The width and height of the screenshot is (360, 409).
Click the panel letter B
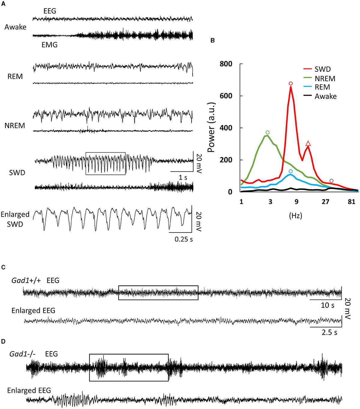point(212,41)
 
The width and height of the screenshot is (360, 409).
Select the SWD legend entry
point(322,69)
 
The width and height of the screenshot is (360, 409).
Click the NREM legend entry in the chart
point(325,79)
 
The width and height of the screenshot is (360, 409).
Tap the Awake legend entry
point(325,96)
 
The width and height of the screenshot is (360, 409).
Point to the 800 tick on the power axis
point(226,64)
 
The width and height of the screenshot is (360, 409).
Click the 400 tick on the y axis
point(226,128)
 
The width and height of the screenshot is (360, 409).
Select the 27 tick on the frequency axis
point(325,202)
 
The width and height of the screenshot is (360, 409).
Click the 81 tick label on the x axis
point(352,202)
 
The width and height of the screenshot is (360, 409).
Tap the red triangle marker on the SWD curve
point(308,144)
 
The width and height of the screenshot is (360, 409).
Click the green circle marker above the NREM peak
point(268,132)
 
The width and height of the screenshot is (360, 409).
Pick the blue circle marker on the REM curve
point(290,171)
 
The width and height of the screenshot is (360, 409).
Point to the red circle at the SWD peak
point(290,83)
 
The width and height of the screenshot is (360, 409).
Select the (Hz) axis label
point(295,216)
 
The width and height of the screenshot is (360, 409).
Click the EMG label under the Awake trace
point(49,45)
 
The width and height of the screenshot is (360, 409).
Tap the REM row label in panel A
point(15,77)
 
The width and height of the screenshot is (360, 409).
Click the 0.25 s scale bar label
point(184,239)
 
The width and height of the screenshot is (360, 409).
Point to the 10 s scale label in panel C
point(327,305)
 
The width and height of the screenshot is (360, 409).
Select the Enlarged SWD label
point(15,219)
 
